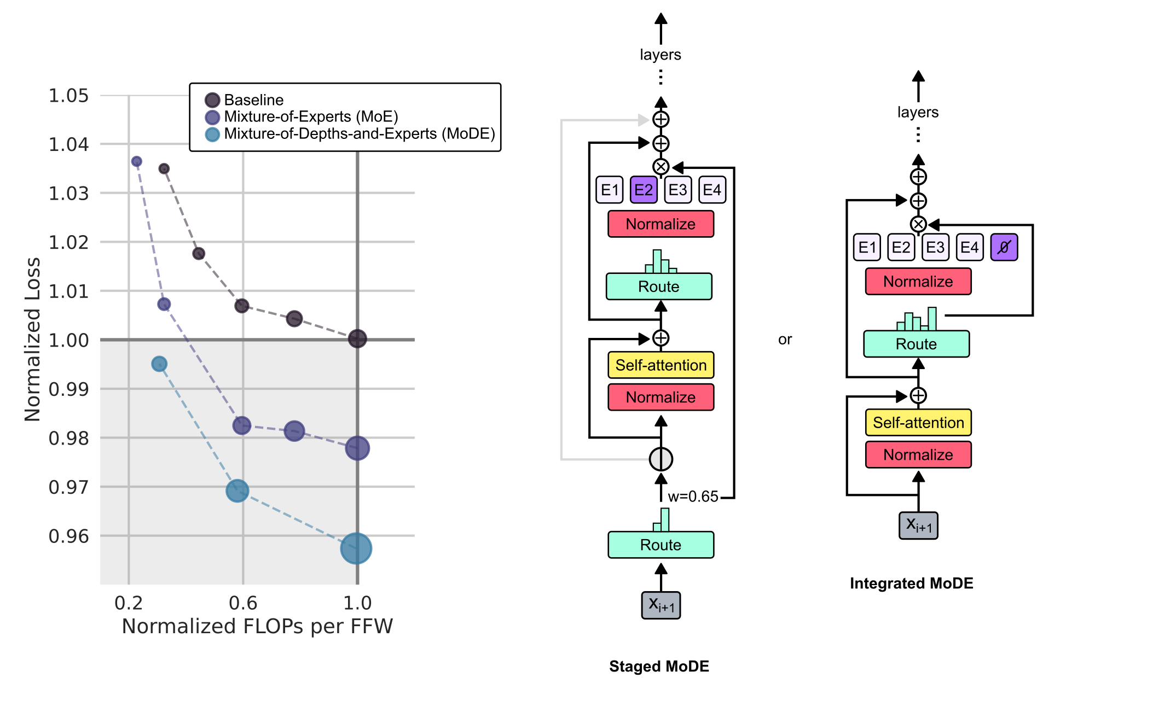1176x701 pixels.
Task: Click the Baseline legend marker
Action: [x=212, y=100]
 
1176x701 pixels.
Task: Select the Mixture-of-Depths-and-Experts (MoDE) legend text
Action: [x=359, y=134]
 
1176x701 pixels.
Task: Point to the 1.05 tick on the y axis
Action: [x=68, y=96]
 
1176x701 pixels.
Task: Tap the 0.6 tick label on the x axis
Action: [x=242, y=603]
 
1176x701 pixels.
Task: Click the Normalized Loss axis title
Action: [x=33, y=339]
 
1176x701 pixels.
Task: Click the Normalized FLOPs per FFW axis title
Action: [x=257, y=626]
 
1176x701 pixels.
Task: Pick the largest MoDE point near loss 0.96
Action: [x=356, y=548]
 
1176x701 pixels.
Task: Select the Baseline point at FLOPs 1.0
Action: [x=357, y=338]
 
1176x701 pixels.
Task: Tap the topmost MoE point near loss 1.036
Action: [x=137, y=161]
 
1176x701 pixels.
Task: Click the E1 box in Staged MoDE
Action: [x=609, y=190]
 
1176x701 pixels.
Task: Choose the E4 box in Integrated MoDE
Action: [x=969, y=247]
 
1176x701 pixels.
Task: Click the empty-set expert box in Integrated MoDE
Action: [x=1004, y=247]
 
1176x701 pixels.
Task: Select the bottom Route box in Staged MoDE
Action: [x=661, y=545]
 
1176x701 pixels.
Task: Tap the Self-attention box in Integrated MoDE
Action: [x=918, y=423]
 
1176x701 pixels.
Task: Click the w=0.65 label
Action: [x=692, y=496]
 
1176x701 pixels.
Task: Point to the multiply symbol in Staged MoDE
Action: [x=661, y=167]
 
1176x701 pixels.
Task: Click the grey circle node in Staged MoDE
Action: [x=661, y=459]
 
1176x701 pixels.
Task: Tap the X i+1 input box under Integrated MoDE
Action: [x=918, y=525]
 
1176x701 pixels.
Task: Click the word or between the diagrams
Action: [x=785, y=340]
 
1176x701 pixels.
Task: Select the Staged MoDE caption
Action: [x=659, y=666]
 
